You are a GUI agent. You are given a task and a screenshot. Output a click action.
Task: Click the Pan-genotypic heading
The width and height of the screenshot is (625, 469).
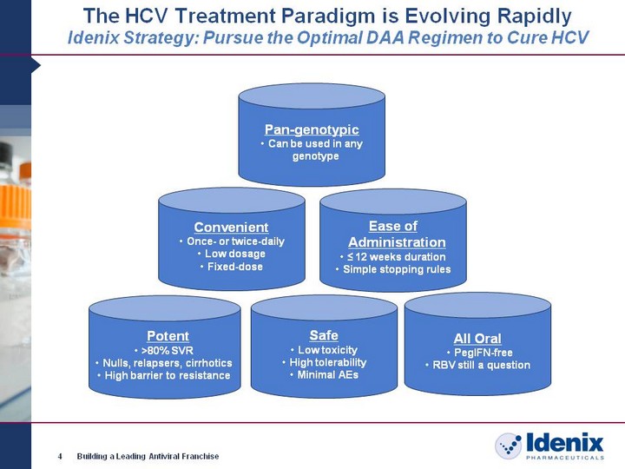coord(312,129)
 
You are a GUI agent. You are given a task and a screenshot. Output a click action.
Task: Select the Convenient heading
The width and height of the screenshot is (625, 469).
coord(231,228)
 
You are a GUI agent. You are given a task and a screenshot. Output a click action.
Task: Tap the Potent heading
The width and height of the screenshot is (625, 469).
coord(168,336)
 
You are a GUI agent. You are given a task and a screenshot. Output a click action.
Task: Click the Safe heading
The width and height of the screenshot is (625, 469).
coord(324,335)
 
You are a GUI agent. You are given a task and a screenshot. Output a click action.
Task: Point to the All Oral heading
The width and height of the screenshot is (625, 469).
coord(477,339)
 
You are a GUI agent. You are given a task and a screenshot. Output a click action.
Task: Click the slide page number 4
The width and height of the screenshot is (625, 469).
coord(60,456)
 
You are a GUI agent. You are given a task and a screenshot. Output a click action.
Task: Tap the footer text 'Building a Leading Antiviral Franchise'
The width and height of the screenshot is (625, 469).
coord(148,456)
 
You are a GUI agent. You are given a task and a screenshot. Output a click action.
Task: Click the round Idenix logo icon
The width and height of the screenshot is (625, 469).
coord(508,446)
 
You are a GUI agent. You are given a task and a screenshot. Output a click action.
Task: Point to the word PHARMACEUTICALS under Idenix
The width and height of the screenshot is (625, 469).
coord(565,458)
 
